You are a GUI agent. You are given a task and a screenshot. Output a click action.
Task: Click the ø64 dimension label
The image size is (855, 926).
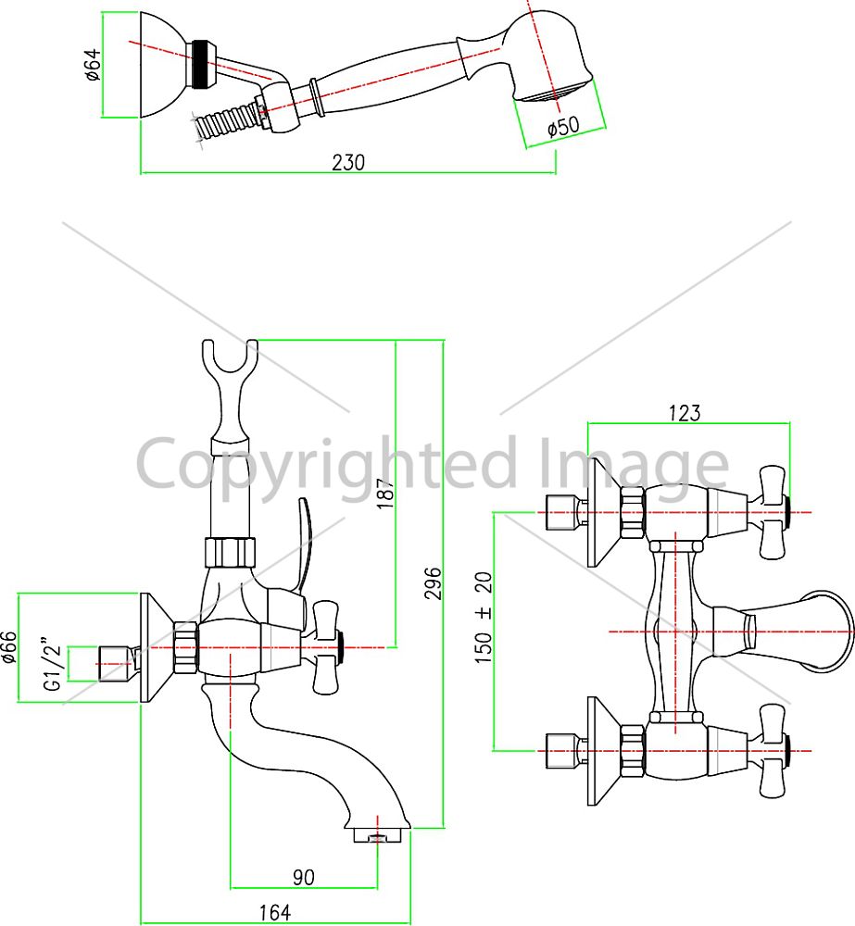(x=93, y=65)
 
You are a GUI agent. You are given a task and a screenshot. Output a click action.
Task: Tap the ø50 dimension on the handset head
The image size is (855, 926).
(x=563, y=126)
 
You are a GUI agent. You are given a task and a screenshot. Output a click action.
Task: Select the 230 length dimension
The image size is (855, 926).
(x=348, y=162)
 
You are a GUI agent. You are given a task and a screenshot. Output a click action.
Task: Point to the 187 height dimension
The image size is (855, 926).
(x=384, y=494)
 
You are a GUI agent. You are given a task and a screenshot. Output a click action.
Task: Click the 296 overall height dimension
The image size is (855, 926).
(x=434, y=583)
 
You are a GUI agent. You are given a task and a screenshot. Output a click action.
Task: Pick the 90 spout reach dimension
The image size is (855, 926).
(x=303, y=877)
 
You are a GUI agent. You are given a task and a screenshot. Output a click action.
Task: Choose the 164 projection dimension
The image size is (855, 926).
(x=275, y=912)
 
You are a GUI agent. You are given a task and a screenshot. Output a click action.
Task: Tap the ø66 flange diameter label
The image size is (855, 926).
(x=9, y=647)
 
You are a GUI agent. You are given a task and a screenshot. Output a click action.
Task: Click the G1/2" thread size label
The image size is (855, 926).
(x=53, y=664)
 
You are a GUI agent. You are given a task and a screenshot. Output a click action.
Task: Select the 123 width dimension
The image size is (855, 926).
(x=685, y=413)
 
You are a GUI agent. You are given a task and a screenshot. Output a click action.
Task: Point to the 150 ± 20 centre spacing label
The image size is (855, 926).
(x=484, y=618)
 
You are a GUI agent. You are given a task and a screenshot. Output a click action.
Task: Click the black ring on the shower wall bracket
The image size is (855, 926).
(x=200, y=65)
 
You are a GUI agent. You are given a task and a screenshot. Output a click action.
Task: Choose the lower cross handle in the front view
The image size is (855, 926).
(x=772, y=751)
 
